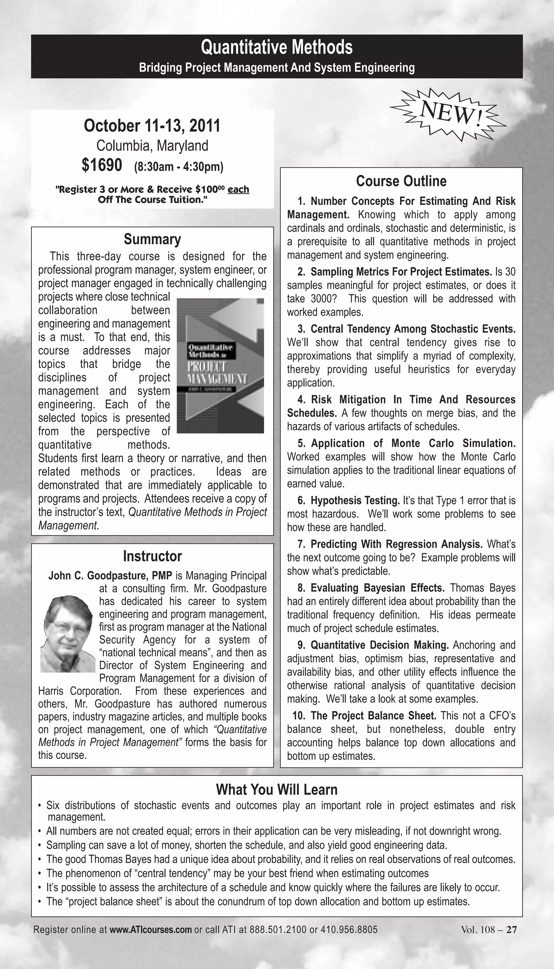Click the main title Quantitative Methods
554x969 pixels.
pyautogui.click(x=277, y=48)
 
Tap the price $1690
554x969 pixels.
pyautogui.click(x=102, y=165)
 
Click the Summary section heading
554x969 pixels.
pyautogui.click(x=152, y=239)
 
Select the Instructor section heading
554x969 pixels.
pyautogui.click(x=152, y=556)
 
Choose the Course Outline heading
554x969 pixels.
pyautogui.click(x=401, y=181)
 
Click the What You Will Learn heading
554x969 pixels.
pyautogui.click(x=277, y=789)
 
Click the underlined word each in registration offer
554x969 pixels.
pyautogui.click(x=238, y=189)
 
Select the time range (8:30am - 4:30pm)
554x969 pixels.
pyautogui.click(x=179, y=167)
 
